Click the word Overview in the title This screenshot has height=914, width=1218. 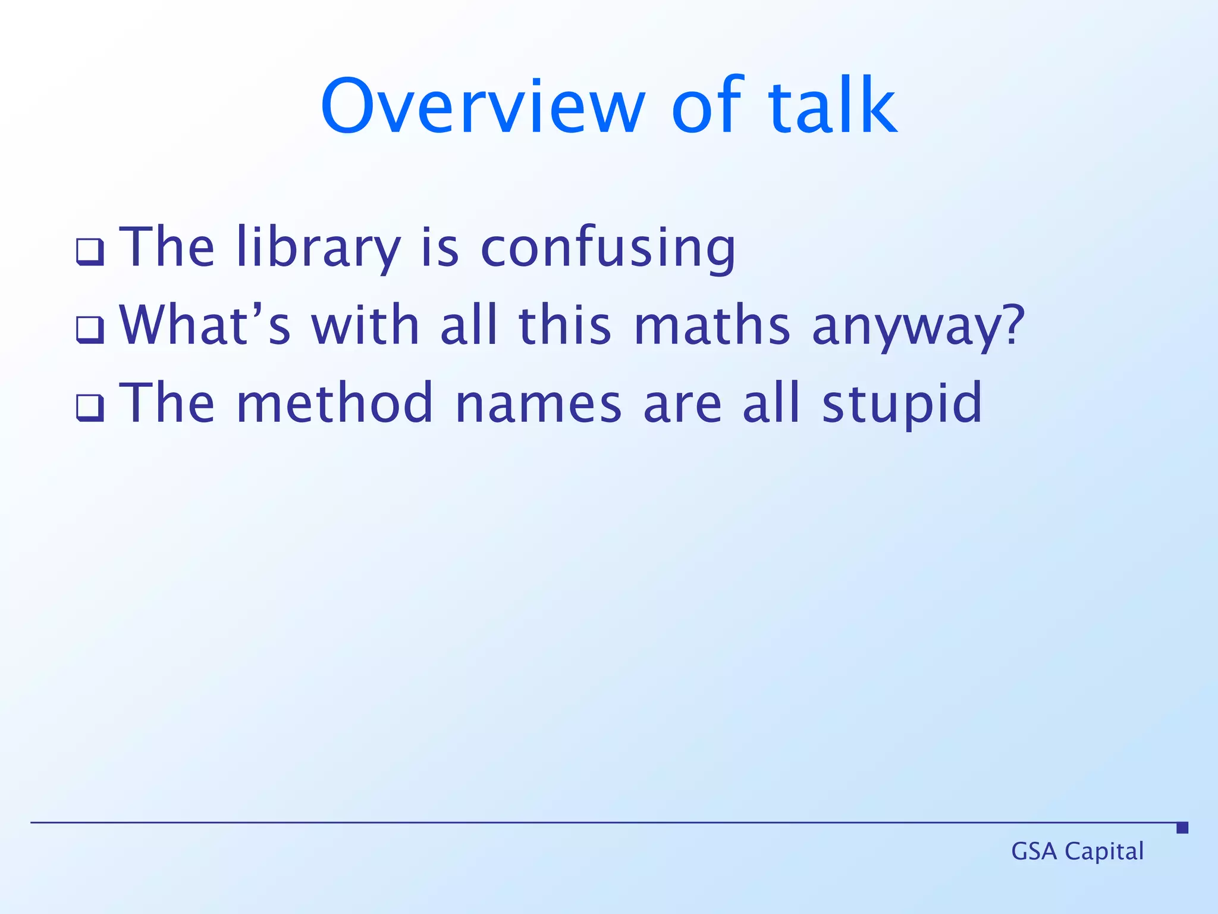[482, 107]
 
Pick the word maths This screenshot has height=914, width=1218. [712, 325]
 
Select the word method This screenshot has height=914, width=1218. [335, 403]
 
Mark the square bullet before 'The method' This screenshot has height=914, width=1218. [90, 408]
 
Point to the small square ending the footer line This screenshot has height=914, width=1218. [1182, 827]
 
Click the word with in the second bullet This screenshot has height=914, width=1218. [365, 325]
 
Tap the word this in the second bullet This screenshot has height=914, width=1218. [565, 325]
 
